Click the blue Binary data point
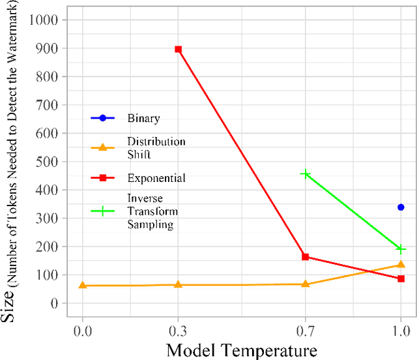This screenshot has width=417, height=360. (x=401, y=207)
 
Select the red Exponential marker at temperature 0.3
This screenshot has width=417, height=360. (x=178, y=50)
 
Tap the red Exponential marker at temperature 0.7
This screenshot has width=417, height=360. (x=305, y=257)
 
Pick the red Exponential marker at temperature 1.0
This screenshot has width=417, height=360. (x=401, y=278)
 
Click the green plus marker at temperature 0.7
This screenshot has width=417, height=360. (x=305, y=174)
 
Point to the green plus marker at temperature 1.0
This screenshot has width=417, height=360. (x=401, y=249)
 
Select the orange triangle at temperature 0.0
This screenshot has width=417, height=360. (x=82, y=285)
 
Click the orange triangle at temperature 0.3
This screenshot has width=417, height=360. (x=178, y=284)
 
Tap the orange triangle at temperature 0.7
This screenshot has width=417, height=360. (x=305, y=284)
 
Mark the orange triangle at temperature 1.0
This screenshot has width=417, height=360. (x=401, y=264)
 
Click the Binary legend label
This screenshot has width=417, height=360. (x=143, y=119)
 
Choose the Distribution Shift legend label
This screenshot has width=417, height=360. (x=156, y=147)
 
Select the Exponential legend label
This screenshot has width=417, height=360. (x=156, y=177)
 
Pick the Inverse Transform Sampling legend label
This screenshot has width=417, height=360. (x=152, y=211)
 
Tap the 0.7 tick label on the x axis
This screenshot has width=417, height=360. (x=305, y=331)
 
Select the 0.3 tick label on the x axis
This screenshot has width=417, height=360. (x=178, y=331)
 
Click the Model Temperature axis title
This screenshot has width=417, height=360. (x=242, y=350)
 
